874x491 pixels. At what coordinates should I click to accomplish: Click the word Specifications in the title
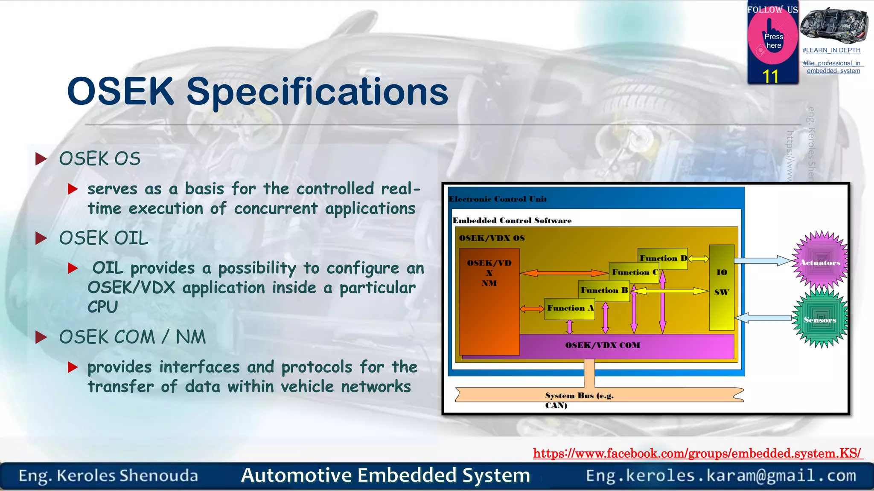click(317, 92)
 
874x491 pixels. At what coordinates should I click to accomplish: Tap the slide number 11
click(771, 77)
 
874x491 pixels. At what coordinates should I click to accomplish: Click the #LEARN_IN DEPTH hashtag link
click(831, 50)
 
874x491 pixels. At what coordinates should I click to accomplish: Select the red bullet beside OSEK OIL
click(41, 238)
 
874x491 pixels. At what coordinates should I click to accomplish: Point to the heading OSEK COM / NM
click(132, 337)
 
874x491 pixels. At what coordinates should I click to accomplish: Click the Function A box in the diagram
click(570, 309)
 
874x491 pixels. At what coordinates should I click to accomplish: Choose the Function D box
click(663, 258)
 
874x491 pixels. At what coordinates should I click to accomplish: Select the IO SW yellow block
click(722, 287)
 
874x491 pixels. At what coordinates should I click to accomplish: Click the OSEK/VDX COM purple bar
click(603, 346)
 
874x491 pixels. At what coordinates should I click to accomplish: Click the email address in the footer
click(721, 476)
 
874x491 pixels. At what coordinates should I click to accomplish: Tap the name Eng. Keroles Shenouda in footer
click(108, 476)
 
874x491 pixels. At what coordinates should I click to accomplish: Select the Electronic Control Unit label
click(498, 199)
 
